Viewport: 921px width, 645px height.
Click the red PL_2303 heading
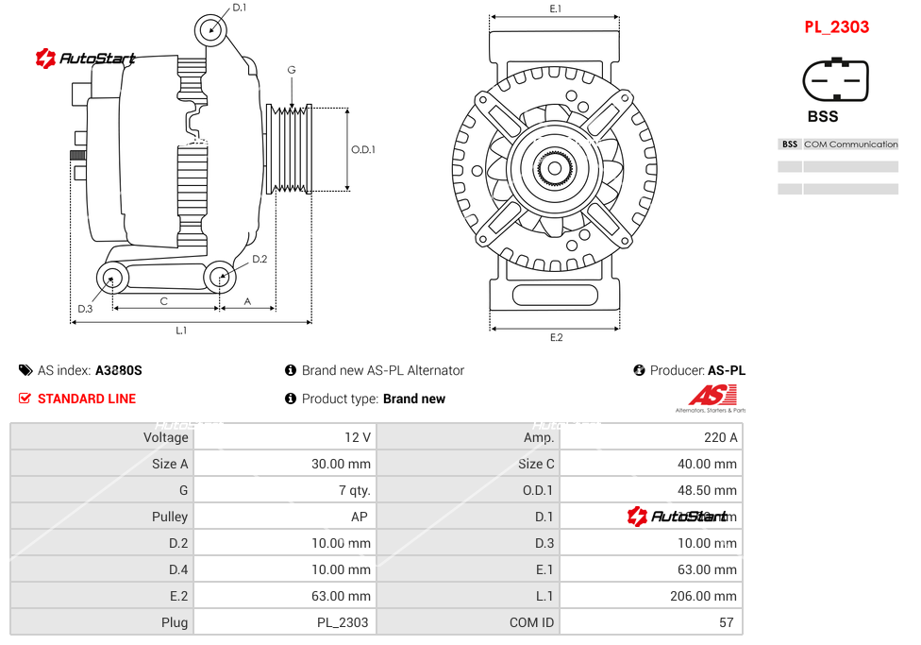tap(836, 26)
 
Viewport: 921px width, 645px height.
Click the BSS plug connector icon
tap(835, 81)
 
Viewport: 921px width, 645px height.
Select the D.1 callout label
tap(239, 8)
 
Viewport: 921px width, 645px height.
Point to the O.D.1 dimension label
tap(363, 149)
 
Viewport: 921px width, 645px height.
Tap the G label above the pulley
tap(292, 71)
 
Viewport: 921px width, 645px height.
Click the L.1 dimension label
tap(181, 331)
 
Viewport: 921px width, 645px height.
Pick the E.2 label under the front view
tap(556, 337)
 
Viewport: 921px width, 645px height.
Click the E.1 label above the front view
tap(556, 8)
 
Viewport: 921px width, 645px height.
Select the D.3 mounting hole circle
tap(113, 279)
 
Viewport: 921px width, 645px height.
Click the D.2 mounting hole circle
tap(220, 278)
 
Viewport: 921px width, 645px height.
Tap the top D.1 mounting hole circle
tap(211, 29)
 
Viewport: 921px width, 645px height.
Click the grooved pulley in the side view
tap(290, 149)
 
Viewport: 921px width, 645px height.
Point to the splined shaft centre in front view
tap(555, 170)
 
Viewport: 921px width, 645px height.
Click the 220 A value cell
tap(721, 437)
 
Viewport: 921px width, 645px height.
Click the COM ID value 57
tap(728, 622)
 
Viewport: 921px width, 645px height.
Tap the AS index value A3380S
tap(119, 371)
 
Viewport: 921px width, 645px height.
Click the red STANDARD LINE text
tap(87, 399)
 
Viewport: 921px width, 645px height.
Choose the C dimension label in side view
tap(163, 301)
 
